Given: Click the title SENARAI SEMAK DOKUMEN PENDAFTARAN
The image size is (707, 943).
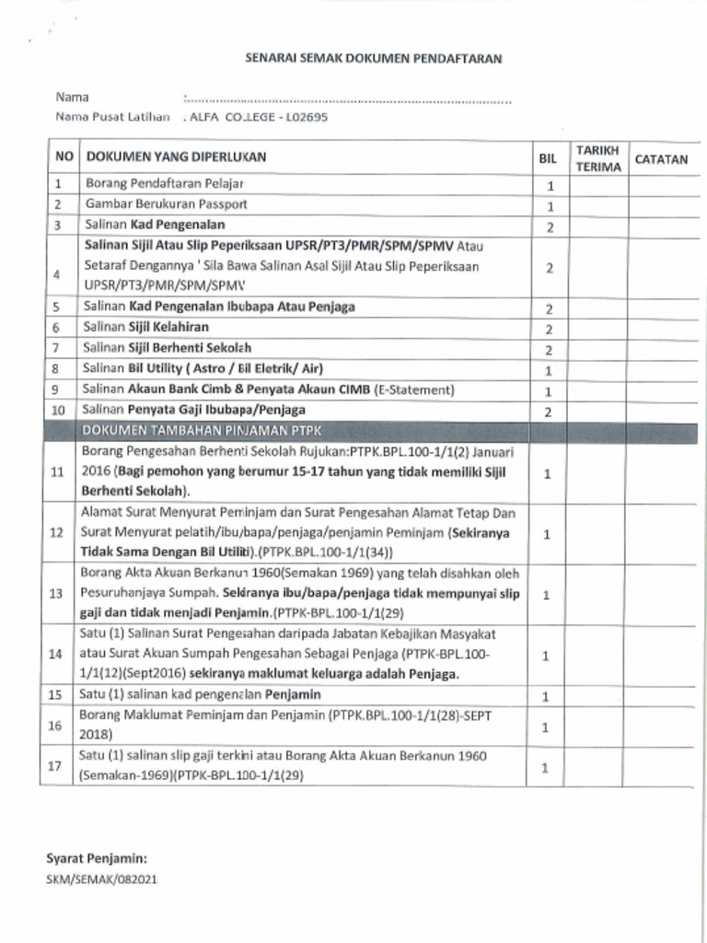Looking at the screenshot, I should coord(373,58).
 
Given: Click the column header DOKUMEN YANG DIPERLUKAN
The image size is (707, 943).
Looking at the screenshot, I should coord(176,157).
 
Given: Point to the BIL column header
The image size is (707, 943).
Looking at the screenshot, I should coord(548,158).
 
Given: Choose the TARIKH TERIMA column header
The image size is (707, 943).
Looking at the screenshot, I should coord(598,158).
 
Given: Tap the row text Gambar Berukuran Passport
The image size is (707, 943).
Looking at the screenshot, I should coord(167,204).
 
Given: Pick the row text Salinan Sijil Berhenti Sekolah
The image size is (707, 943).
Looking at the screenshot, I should coord(168,347).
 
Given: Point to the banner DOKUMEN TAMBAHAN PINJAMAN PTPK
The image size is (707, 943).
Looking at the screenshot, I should coord(203,431).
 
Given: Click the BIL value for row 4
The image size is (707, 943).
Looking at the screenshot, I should coord(548,267).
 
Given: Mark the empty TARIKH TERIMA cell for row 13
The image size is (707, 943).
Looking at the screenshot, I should coord(598,594).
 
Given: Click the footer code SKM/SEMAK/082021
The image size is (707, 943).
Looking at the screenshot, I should coord(101,879).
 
